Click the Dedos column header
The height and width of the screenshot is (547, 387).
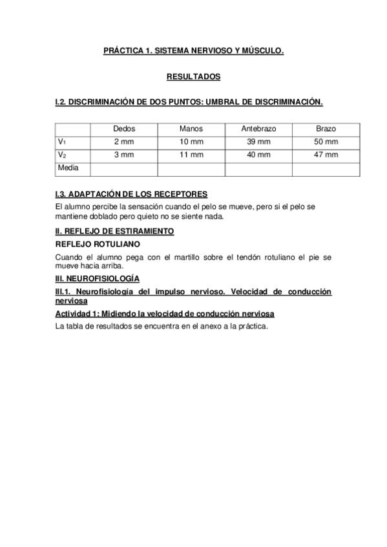click(124, 128)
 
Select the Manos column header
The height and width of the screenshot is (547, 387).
click(191, 128)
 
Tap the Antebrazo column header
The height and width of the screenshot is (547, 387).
click(258, 128)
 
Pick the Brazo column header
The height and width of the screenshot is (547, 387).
click(326, 128)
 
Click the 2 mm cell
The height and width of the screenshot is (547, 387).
click(124, 141)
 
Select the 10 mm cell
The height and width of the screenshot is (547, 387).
click(191, 141)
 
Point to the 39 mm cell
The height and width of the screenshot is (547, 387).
click(258, 141)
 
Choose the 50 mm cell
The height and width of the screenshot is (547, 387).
click(326, 141)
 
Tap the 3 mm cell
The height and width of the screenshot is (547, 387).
click(124, 155)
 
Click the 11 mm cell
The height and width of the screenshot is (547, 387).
click(191, 155)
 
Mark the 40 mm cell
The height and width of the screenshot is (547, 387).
click(258, 155)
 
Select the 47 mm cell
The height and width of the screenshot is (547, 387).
click(326, 155)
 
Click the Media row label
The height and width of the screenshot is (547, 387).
click(68, 168)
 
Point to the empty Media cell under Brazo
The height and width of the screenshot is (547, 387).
click(326, 168)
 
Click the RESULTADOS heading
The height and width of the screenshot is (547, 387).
click(193, 77)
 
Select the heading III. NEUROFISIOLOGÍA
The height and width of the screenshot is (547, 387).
click(98, 278)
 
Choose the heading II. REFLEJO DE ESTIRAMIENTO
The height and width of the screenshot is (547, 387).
click(115, 230)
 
